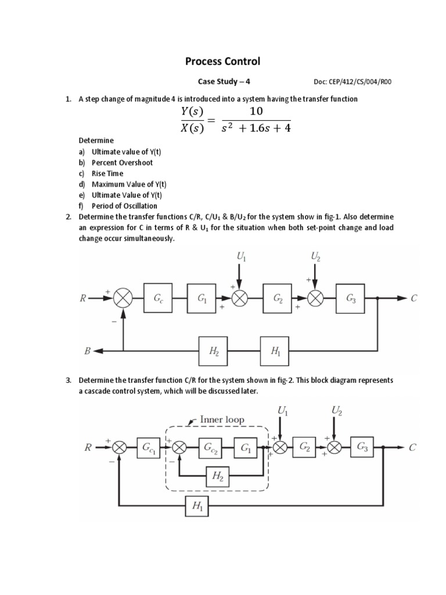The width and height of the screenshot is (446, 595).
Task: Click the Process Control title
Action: click(222, 61)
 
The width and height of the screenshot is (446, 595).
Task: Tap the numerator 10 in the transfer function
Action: click(256, 111)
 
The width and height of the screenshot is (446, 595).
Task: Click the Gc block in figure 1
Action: click(159, 298)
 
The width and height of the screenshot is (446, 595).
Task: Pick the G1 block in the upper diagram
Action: click(202, 298)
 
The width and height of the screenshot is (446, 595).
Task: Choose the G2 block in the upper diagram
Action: click(278, 298)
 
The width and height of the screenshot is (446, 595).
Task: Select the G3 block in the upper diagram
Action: click(351, 298)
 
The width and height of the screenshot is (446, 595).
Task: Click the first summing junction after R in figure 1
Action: click(123, 298)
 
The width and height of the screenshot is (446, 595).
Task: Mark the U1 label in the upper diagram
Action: click(241, 256)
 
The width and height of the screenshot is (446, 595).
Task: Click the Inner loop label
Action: click(222, 419)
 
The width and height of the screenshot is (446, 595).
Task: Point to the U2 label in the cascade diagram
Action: click(337, 411)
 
